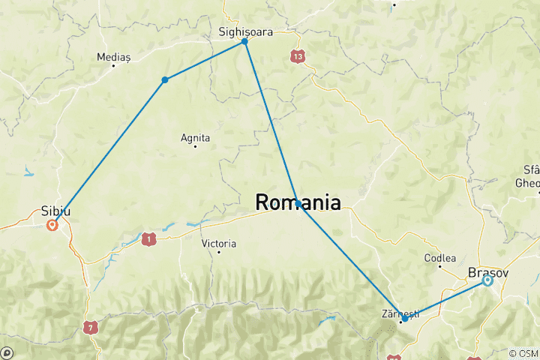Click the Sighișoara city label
pos(244,32)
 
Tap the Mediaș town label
pos(114,56)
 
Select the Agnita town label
pos(196,137)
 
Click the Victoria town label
pos(219,244)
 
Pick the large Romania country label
pos(298,202)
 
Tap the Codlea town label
pos(440,258)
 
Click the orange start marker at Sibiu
pos(52,223)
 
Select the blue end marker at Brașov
pos(487,280)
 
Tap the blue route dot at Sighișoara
pos(244,42)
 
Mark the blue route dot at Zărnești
pos(405,319)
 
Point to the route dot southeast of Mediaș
pos(164,79)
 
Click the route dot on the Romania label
pos(298,203)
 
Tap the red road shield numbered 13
pos(299,56)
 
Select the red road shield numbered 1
pos(149,239)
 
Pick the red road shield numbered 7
pos(91,327)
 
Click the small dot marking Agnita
pos(195,147)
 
